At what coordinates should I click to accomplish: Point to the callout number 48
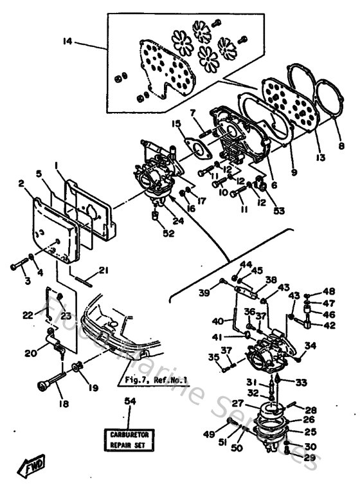[x=328, y=291]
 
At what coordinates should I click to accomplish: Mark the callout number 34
[x=311, y=345]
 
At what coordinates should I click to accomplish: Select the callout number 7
[x=192, y=113]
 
